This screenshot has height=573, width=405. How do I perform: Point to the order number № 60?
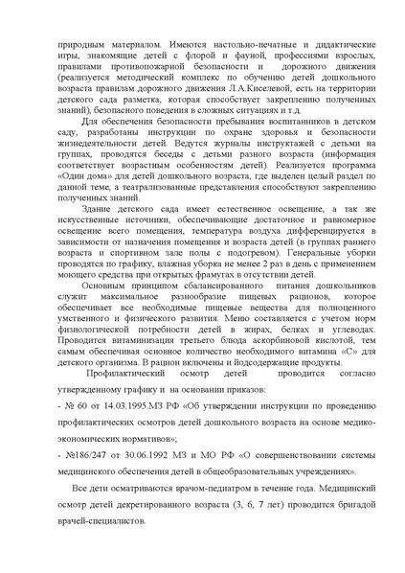click(56, 432)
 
